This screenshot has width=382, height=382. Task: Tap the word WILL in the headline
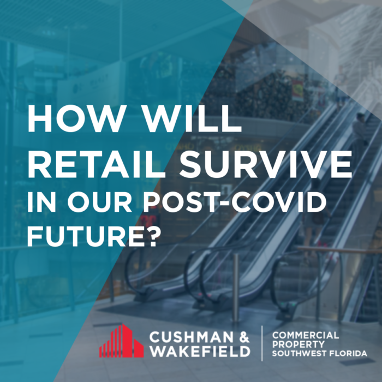coord(192,118)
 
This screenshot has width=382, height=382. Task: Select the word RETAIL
coord(96,164)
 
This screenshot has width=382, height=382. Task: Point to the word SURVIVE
coord(266,164)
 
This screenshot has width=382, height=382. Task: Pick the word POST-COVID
coord(235,202)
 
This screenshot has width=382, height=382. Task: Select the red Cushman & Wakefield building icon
coord(121,341)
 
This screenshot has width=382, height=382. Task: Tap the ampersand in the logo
coord(243,337)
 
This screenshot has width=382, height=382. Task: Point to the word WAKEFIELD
coord(200,351)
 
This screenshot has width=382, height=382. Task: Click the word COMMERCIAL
coord(305,336)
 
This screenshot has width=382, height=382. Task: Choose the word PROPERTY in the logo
coord(298,344)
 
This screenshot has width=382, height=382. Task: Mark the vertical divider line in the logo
coord(262,343)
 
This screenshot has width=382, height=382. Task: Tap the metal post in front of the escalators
coord(236,288)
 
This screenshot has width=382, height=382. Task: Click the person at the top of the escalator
coord(360,130)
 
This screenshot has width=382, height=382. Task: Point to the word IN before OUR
coord(41,202)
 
